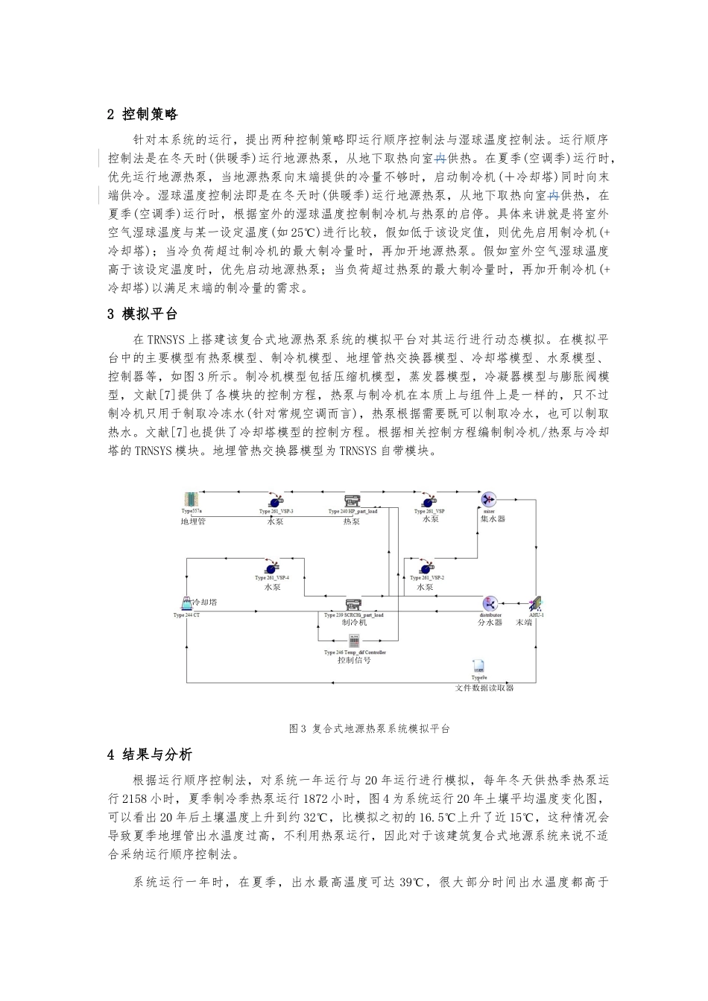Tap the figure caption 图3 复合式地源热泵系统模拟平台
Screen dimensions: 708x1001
[369, 728]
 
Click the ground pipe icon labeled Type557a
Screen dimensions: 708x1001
[192, 500]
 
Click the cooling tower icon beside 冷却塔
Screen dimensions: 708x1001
[186, 603]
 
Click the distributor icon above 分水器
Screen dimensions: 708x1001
[490, 603]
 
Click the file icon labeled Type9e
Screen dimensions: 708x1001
[479, 667]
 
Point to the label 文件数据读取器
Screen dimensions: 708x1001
[484, 687]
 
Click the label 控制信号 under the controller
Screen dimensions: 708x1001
[354, 660]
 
